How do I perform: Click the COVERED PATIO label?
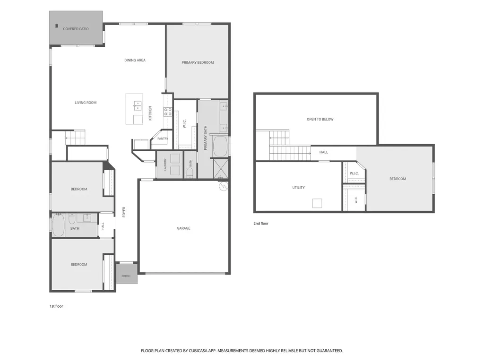click(76, 29)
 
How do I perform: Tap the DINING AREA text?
click(135, 60)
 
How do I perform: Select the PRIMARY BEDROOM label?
click(198, 63)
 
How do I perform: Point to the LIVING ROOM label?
click(86, 103)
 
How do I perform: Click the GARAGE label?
click(183, 228)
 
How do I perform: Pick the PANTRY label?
click(163, 138)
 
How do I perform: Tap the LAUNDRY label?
click(165, 164)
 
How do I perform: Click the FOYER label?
click(124, 212)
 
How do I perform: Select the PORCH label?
click(126, 276)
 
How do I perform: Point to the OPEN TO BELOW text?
click(320, 119)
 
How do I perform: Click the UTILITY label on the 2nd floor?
click(298, 187)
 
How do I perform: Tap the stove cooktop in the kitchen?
click(168, 112)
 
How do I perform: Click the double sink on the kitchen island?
click(138, 105)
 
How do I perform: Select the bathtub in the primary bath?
click(220, 146)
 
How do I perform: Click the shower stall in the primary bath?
click(221, 169)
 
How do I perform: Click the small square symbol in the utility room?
click(317, 203)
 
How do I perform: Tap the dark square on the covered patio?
click(57, 26)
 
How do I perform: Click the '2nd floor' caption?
click(261, 224)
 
